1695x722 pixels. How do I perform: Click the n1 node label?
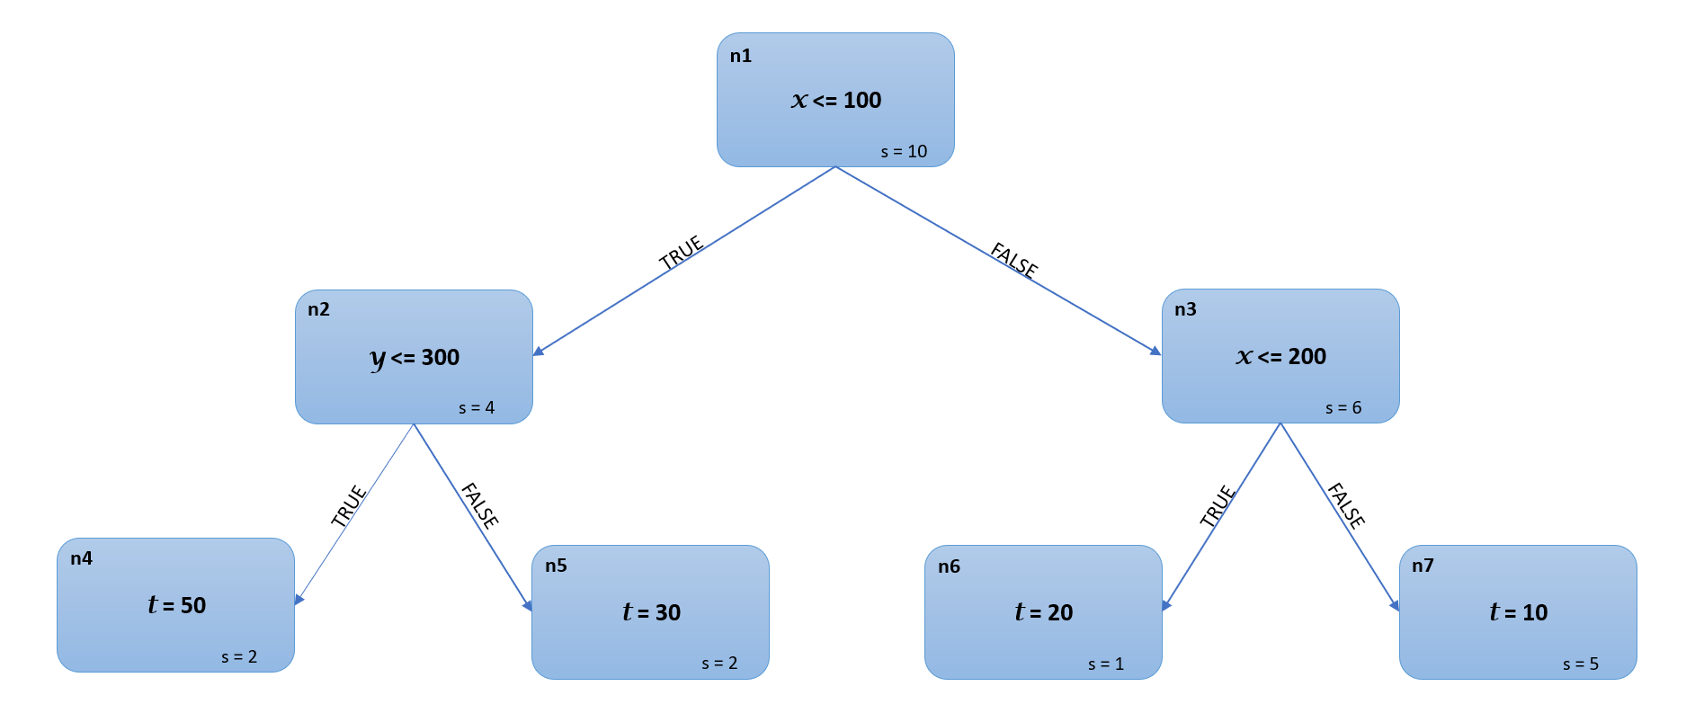(740, 56)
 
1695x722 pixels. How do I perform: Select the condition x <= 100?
(836, 100)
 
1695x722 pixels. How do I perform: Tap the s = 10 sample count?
(904, 152)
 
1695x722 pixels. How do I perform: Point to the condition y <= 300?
(415, 358)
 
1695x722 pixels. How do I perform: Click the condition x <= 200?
(1280, 357)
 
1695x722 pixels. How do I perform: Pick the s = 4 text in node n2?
(477, 408)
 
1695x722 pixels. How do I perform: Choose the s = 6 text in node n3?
(1343, 408)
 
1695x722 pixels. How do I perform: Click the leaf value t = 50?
(177, 605)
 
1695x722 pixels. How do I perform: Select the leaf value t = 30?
(651, 612)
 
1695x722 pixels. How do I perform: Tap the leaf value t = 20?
(1044, 612)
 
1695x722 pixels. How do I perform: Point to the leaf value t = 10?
(1518, 612)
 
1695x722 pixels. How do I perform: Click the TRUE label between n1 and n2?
(681, 253)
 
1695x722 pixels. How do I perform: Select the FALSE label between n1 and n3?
(1014, 259)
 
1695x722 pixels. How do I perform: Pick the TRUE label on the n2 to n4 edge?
(348, 505)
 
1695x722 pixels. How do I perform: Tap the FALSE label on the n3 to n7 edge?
(1346, 505)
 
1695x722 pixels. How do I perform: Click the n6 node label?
(949, 566)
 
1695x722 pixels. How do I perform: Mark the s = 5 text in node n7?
(1581, 664)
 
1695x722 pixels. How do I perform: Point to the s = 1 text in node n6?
(1106, 664)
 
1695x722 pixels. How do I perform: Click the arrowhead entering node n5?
(528, 606)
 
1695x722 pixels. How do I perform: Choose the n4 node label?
(81, 558)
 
